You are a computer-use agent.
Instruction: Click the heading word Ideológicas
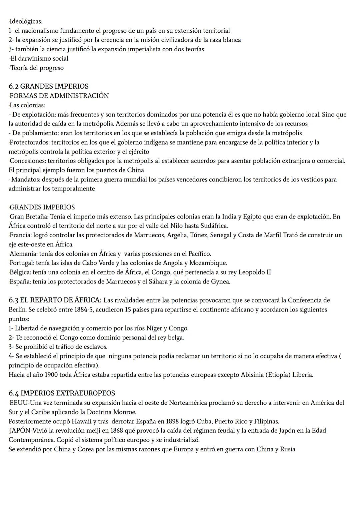coord(26,22)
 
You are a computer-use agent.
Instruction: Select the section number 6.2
coord(14,87)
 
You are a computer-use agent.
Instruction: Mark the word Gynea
coord(220,282)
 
